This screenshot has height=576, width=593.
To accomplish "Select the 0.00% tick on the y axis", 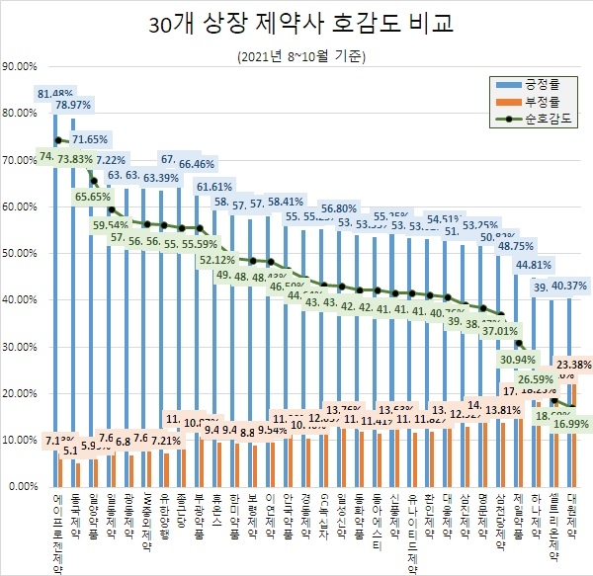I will click(x=22, y=487).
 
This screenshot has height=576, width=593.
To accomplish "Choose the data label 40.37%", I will click(x=567, y=286).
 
